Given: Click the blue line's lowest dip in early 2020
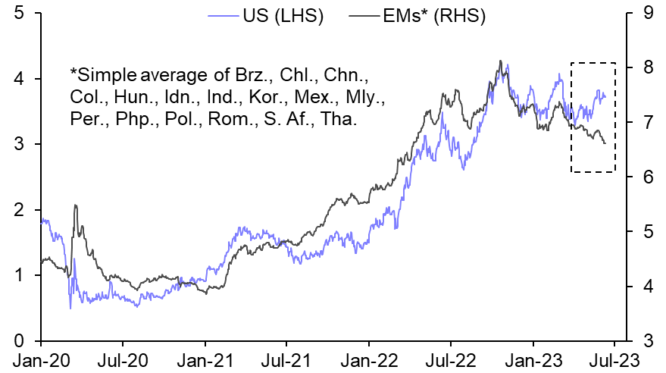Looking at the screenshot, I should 70,308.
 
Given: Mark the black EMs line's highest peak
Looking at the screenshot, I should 500,61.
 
